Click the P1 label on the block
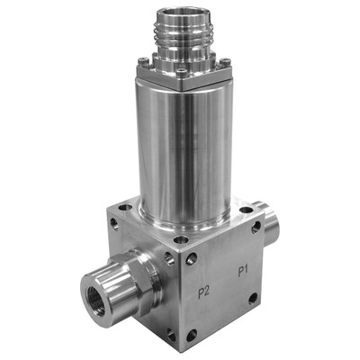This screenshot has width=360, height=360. pyautogui.click(x=242, y=270)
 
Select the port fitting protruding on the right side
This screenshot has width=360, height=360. pyautogui.click(x=268, y=222)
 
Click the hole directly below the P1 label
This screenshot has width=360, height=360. pyautogui.click(x=253, y=297)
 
